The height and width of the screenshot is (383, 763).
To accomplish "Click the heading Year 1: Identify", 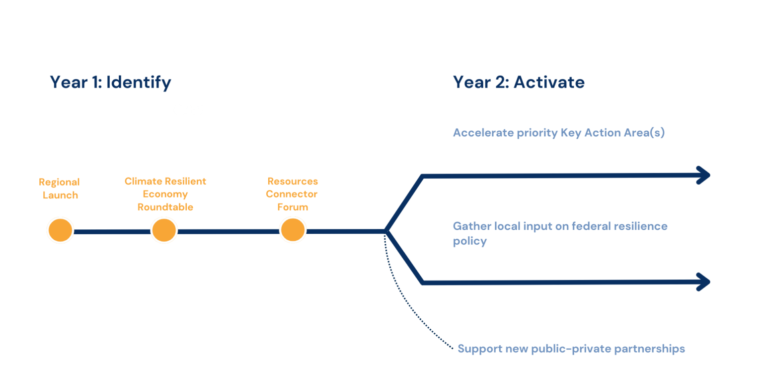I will coord(110,82).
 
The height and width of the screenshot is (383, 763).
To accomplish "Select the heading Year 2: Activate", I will coord(518,82).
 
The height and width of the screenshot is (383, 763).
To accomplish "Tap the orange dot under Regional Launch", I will coord(60,231).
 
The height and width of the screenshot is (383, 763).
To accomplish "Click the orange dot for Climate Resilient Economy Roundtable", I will coord(164,231).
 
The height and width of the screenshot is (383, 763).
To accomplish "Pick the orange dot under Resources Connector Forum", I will coord(293,231).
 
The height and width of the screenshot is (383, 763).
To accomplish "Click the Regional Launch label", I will coord(60,189).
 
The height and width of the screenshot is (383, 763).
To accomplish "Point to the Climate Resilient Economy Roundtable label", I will coord(165,194).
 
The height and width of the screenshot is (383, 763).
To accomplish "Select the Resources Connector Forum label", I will coord(293,194).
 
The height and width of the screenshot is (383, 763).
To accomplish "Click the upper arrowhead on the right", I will coord(703,175).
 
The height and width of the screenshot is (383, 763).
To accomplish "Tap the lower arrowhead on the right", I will coord(703,282).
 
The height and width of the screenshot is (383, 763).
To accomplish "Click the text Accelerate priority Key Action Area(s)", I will coord(558,133).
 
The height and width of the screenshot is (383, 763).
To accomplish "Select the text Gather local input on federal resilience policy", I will coord(559,233).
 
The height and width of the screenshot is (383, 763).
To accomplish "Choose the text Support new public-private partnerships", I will coord(571,349).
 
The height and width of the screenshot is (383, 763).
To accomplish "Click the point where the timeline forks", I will coord(386,231).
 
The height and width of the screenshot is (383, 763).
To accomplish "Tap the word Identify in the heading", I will coord(139,82).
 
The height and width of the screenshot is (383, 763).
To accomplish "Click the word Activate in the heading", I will coord(549,82).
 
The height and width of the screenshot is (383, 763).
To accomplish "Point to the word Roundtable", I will coord(165,207).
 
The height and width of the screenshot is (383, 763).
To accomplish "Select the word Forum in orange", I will coord(293,207).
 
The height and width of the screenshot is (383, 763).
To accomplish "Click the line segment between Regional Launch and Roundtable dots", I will coord(112,231).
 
